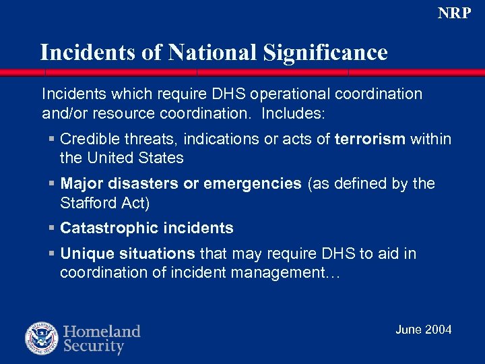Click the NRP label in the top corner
(x=454, y=13)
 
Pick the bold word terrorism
(x=370, y=139)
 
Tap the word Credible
(x=87, y=139)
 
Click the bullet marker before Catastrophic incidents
(x=52, y=228)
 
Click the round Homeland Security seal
(x=42, y=338)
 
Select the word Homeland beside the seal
(x=102, y=332)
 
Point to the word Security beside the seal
(x=94, y=346)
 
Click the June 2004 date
(x=423, y=329)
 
